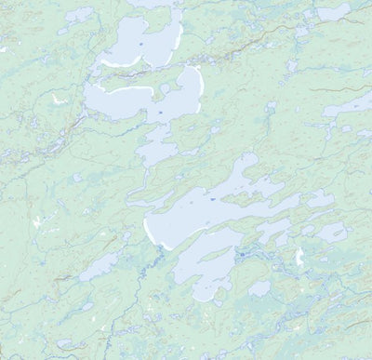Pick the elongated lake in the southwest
click(97, 269)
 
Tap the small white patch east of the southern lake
click(299, 257)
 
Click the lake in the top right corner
click(332, 13)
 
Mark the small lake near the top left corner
click(79, 16)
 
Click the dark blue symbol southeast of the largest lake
click(241, 253)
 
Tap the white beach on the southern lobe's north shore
click(121, 92)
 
